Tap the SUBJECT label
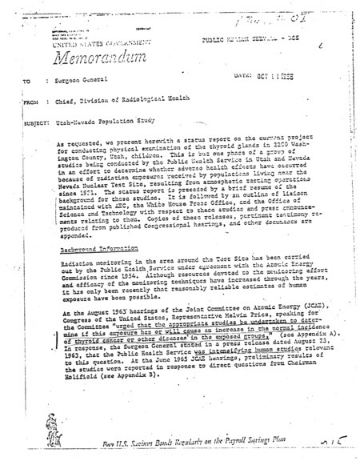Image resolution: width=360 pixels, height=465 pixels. pos(33,147)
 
